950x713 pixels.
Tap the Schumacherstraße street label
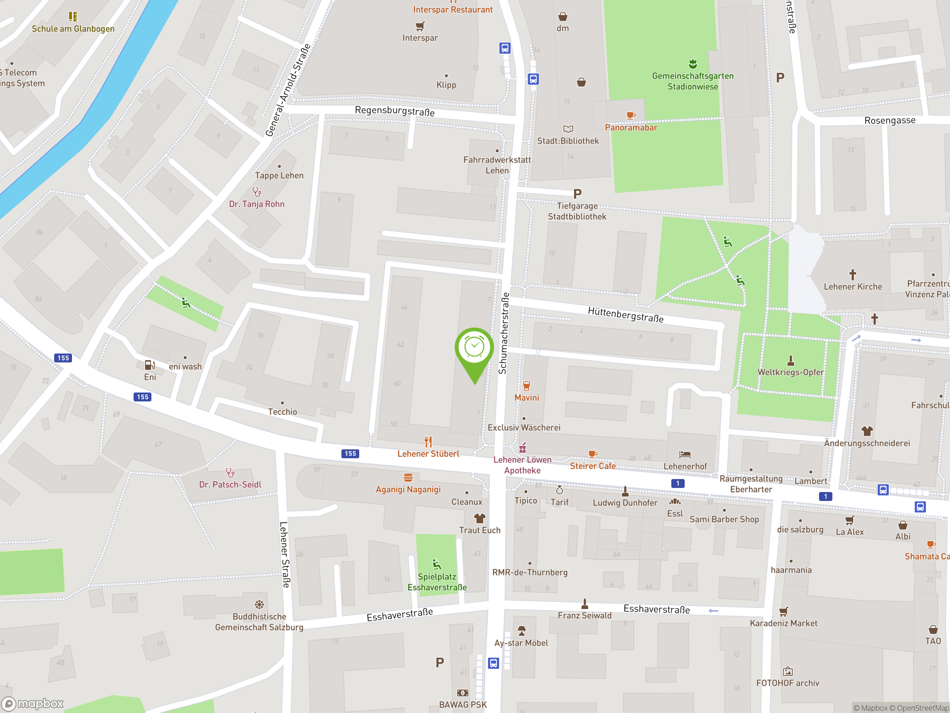[x=504, y=333]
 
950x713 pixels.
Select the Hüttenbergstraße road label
[x=625, y=315]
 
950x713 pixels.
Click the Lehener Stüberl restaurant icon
[x=428, y=442]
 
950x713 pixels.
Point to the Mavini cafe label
[x=527, y=398]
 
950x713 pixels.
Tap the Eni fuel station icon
[x=150, y=365]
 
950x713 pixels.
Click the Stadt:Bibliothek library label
[x=568, y=141]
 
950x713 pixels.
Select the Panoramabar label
[x=631, y=128]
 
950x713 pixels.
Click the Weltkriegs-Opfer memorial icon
[x=791, y=360]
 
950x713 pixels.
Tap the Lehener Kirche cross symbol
[x=852, y=274]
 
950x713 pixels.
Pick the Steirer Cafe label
[x=593, y=466]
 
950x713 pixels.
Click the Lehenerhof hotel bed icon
[x=685, y=455]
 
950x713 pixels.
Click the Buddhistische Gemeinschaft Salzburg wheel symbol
[x=259, y=605]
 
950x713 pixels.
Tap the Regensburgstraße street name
[x=394, y=111]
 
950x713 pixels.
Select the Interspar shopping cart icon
[x=420, y=26]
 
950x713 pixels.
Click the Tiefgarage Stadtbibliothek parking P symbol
[x=577, y=194]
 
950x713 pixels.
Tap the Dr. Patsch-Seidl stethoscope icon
[x=230, y=473]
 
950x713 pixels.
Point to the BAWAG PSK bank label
[x=462, y=705]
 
